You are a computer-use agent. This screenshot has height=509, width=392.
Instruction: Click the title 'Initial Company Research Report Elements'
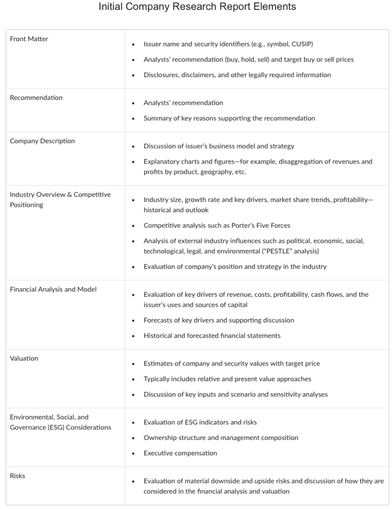tap(197, 7)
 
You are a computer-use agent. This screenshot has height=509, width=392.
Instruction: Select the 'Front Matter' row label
tap(29, 39)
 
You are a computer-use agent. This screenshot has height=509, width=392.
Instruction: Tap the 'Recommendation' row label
tap(36, 97)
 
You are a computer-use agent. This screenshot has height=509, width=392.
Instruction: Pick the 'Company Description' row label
tap(42, 141)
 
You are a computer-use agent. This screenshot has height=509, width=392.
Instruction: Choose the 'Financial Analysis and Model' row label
tap(53, 289)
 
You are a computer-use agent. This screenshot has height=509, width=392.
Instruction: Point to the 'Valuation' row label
tap(24, 358)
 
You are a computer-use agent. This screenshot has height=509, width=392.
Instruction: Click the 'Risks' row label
tap(17, 476)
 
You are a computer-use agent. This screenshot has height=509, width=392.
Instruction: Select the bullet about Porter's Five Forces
tap(217, 225)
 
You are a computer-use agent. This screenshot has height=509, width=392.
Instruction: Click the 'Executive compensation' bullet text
tap(180, 453)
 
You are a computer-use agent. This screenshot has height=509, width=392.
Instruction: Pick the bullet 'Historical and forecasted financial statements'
tap(212, 336)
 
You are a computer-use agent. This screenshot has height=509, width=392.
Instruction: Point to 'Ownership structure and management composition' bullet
tap(221, 437)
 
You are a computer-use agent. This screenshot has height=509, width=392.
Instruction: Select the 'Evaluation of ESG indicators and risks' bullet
tap(200, 422)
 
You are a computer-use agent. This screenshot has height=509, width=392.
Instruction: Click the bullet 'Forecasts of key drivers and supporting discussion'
tap(218, 320)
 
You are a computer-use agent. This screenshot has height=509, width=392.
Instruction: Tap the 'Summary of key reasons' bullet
tap(229, 118)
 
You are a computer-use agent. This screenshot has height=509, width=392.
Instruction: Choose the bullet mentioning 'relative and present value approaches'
tap(227, 379)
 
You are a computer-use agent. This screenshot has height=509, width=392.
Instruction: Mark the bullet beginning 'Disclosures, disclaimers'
tap(237, 75)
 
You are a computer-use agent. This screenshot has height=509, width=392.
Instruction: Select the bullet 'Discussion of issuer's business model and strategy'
tap(219, 146)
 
